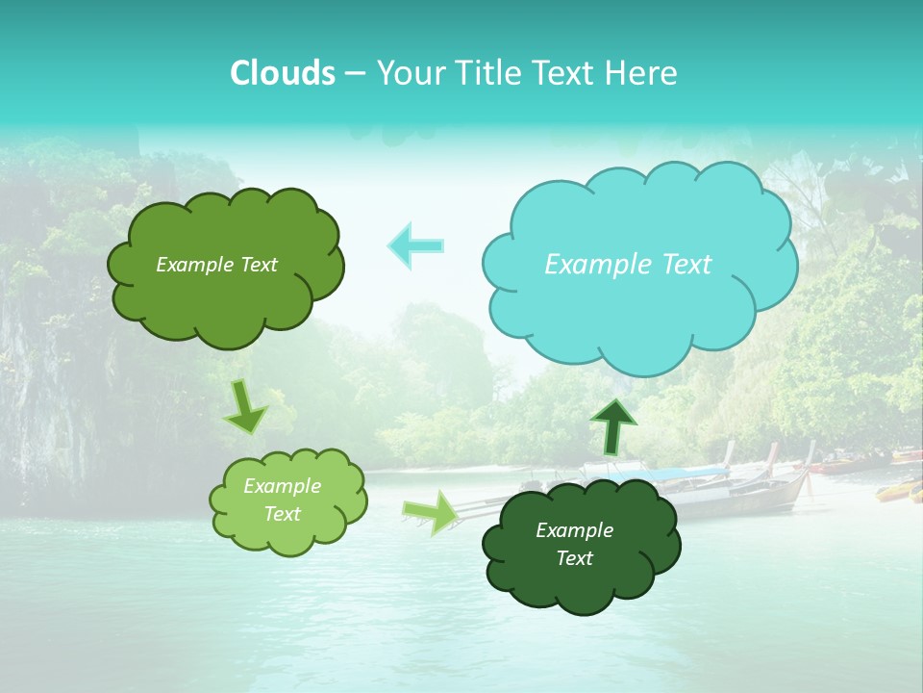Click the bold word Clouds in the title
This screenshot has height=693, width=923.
point(282,73)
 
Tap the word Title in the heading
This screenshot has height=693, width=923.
point(488,73)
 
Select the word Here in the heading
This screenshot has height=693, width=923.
point(642,73)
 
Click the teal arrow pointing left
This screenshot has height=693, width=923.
point(415,245)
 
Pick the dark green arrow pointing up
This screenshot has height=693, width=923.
point(612,424)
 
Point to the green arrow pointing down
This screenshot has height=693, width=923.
point(246,407)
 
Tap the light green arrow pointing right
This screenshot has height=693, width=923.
point(431,512)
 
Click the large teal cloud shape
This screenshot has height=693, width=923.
point(639,308)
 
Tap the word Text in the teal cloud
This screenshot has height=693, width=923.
point(686,264)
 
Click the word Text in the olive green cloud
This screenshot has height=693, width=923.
point(257,265)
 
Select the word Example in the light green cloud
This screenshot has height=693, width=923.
point(282,486)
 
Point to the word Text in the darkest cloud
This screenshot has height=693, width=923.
point(575,558)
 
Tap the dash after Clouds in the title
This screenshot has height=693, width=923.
point(354,73)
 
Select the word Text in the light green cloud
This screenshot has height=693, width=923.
point(283,514)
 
